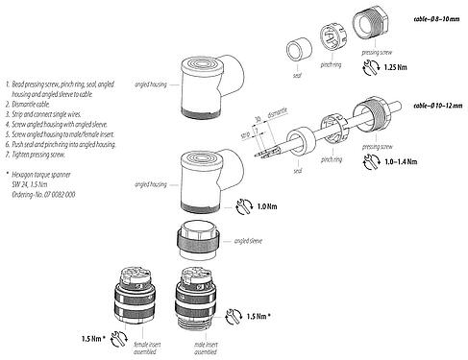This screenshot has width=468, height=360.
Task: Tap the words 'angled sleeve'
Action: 250,240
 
